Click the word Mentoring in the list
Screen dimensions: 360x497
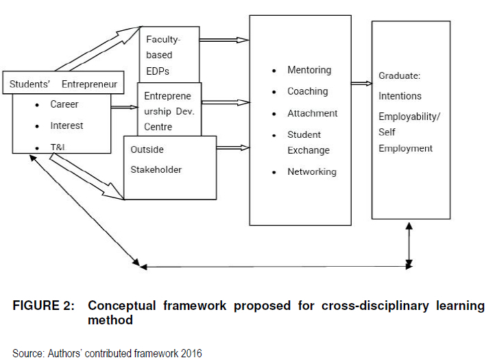click(309, 70)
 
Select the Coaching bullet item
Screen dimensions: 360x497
click(308, 91)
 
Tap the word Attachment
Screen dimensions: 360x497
click(313, 113)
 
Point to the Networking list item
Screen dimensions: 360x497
click(312, 171)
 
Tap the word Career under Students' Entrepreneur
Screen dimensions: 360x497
click(64, 104)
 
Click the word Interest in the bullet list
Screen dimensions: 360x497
click(66, 125)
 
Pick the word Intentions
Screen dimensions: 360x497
click(400, 96)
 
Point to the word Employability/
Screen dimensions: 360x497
click(410, 117)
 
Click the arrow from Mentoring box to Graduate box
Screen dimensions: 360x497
click(361, 84)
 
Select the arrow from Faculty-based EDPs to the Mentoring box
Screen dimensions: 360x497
click(223, 40)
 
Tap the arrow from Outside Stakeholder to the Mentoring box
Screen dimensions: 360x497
click(232, 147)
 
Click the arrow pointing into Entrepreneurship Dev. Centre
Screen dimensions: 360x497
click(124, 107)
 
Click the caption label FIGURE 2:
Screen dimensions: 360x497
click(43, 306)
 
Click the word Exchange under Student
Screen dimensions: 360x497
click(308, 150)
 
